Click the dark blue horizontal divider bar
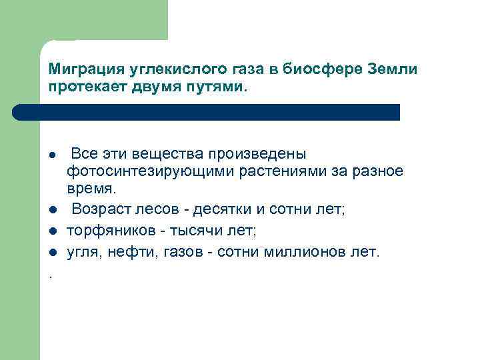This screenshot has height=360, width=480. (220, 112)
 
